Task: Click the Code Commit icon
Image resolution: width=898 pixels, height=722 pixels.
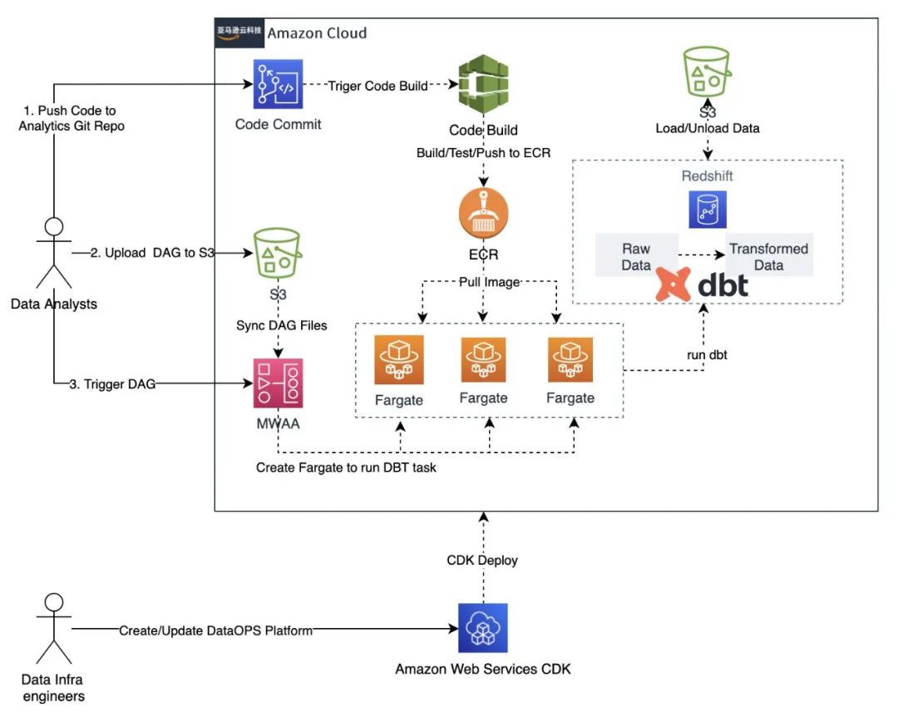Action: tap(278, 83)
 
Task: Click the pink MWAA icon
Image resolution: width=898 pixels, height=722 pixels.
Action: tap(278, 383)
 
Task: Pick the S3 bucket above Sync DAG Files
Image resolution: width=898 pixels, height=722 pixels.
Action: tap(277, 252)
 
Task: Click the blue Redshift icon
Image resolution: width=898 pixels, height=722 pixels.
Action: tap(706, 208)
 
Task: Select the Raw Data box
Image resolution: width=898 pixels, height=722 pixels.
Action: tap(636, 256)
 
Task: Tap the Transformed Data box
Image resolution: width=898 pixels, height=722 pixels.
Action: tap(768, 256)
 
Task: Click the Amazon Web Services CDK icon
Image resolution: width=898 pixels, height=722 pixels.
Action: tap(482, 628)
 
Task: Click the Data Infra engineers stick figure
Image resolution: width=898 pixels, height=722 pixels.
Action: tap(54, 628)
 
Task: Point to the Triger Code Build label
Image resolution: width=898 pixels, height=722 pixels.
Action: tap(377, 85)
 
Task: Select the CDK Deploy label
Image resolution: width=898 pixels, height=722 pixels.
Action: tap(482, 560)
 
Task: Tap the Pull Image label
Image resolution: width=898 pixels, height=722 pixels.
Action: tap(489, 282)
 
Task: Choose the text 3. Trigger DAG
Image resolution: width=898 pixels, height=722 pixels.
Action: tap(112, 383)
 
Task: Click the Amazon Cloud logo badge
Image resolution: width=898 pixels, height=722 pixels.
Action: tap(239, 33)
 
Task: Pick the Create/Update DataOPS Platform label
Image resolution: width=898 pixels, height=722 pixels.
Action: tap(215, 631)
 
